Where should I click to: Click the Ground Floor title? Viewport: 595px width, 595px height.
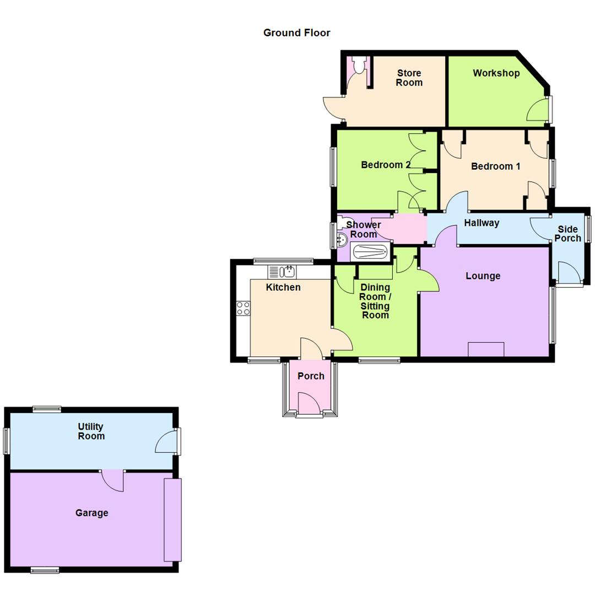coord(296,33)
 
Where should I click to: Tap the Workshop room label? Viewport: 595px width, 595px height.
coord(496,73)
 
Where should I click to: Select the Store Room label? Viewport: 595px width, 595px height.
coord(409,78)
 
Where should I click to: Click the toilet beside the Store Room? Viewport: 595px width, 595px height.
coord(359,66)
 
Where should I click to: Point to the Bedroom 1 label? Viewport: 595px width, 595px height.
coord(495,166)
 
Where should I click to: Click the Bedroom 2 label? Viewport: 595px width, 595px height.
coord(386,165)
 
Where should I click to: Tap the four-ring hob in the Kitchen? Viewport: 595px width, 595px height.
coord(243,309)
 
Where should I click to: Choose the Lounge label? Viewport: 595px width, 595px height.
coord(483,275)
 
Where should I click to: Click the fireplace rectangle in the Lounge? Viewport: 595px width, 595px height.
coord(485,349)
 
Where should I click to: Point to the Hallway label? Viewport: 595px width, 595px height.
coord(482,223)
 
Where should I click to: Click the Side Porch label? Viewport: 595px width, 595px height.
coord(569,234)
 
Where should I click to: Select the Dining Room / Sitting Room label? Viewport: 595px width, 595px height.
coord(375,301)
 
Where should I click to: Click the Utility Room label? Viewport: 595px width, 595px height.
coord(91,431)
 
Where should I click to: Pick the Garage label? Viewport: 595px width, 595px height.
coord(91,513)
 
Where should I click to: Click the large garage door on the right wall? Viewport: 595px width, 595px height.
coord(172,520)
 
